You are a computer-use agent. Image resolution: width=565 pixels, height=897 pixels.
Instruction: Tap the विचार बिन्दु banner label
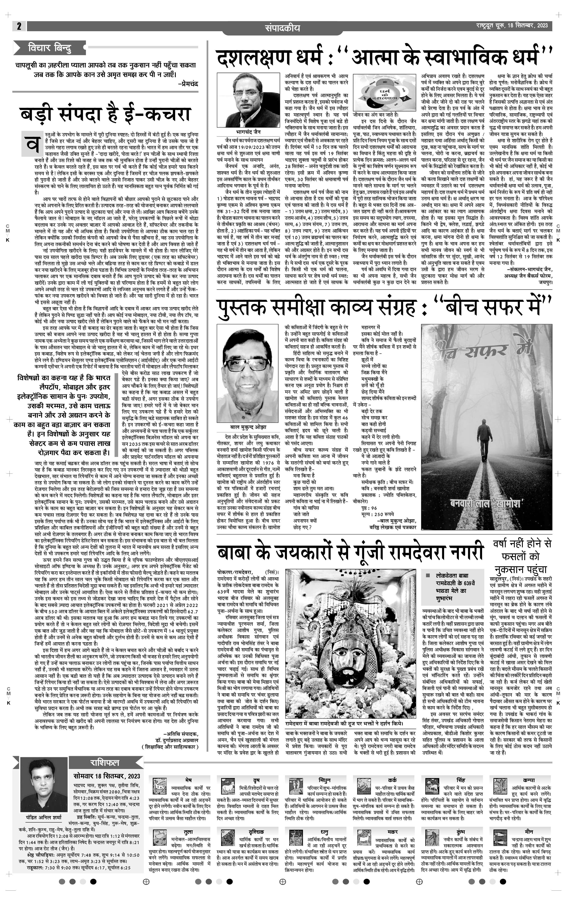[x=50, y=48]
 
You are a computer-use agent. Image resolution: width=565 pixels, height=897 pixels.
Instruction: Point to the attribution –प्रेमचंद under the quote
[x=188, y=84]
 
